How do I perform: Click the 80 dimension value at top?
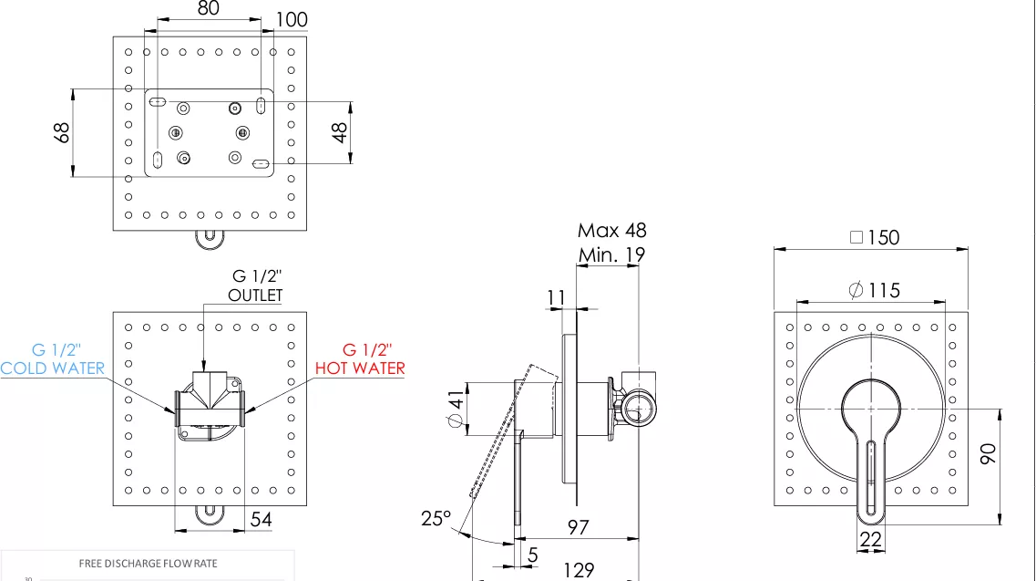pos(208,8)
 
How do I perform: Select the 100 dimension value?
pos(292,20)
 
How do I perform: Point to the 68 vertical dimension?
pos(61,132)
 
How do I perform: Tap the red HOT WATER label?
pos(360,368)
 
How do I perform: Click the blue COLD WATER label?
pos(52,368)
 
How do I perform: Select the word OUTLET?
pos(255,296)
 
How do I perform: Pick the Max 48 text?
pos(611,230)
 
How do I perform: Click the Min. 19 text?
pos(611,254)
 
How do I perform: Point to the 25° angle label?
pos(436,518)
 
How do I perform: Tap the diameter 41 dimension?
pos(456,409)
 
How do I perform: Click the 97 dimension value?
pos(578,527)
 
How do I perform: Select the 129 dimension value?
pos(578,570)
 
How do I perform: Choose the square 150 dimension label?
pos(875,237)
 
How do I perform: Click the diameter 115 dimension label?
pos(874,290)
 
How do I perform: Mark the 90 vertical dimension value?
pos(988,453)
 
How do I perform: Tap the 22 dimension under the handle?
pos(871,540)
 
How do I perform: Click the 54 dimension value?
pos(261,520)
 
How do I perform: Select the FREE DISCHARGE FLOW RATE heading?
pos(148,564)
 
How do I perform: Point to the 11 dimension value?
pos(557,298)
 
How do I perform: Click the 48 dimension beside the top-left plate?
pos(340,132)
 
